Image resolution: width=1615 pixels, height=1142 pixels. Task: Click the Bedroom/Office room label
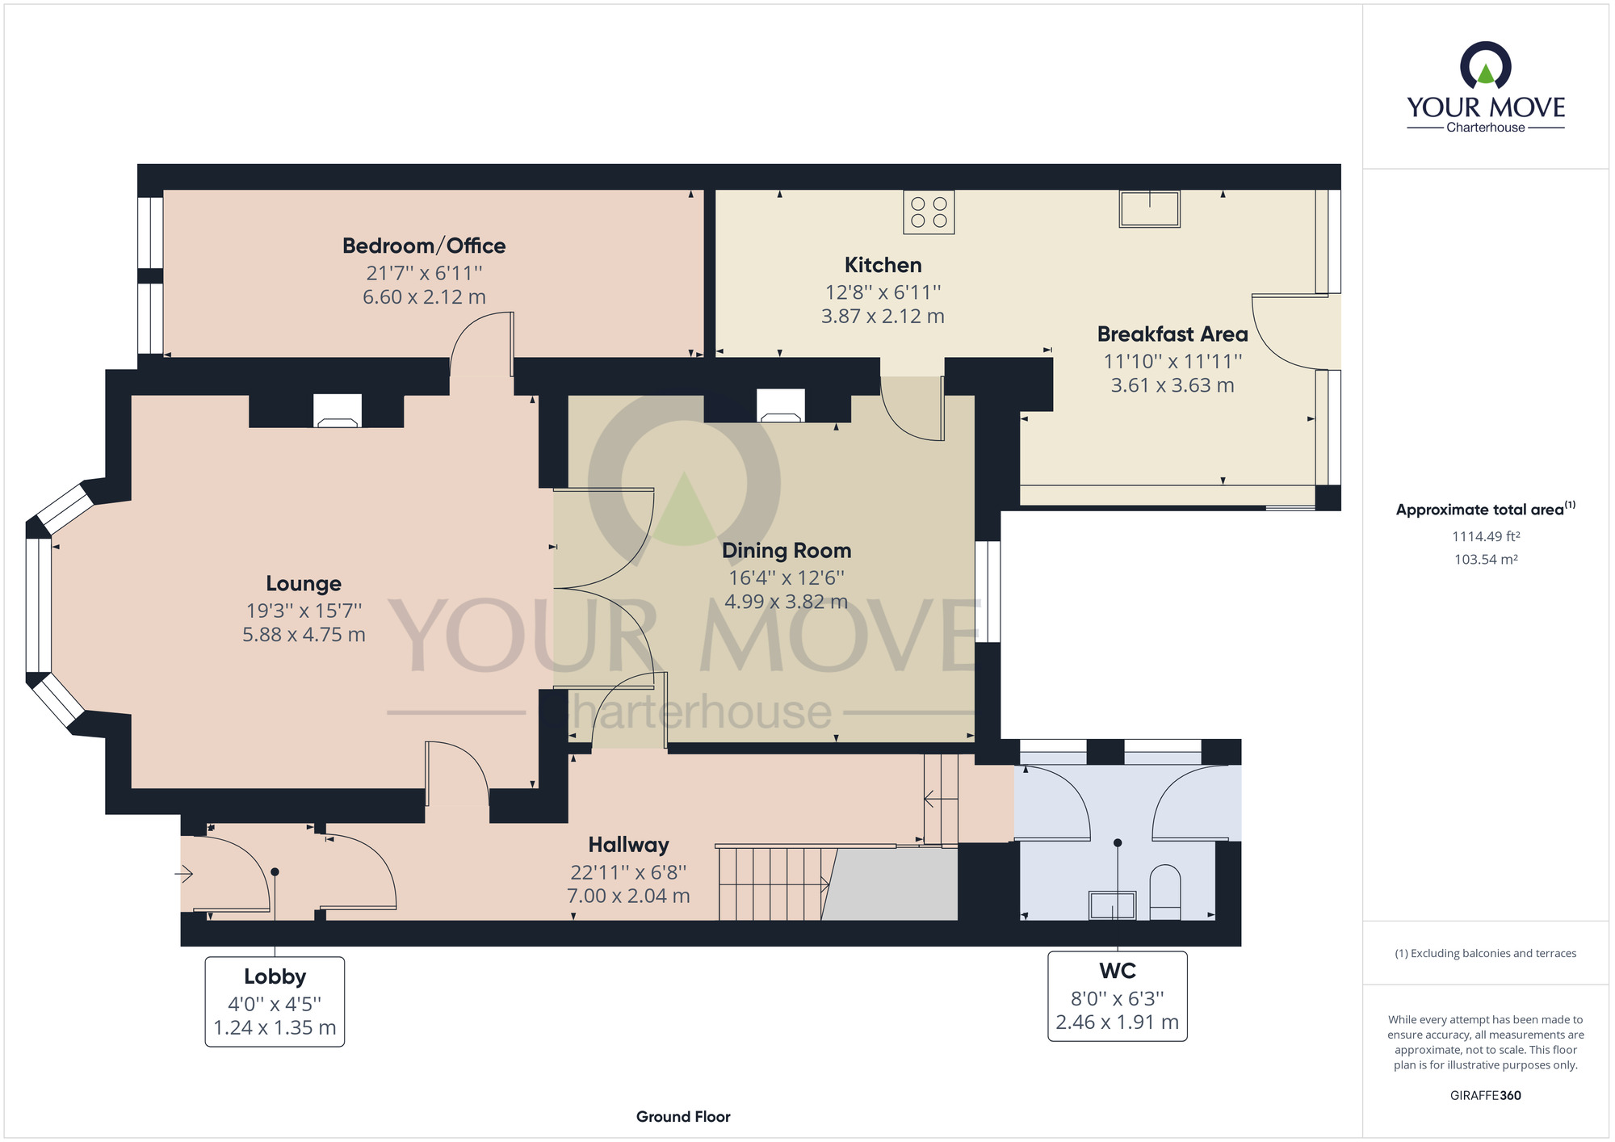(x=424, y=246)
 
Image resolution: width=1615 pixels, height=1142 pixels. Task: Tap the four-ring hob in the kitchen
(x=929, y=212)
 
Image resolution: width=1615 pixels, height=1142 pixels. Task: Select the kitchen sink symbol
(x=1149, y=208)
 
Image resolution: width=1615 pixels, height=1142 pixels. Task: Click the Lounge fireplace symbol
(x=337, y=410)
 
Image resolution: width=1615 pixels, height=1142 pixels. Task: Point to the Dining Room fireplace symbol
(x=781, y=405)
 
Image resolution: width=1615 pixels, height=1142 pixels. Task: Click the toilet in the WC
(x=1164, y=892)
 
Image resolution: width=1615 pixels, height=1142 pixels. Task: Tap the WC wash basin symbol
(x=1113, y=905)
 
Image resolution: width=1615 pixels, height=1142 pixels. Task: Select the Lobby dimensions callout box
(x=275, y=1001)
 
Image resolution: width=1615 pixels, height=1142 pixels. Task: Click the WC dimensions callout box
(x=1118, y=996)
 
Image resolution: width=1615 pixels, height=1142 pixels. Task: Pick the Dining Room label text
(x=787, y=551)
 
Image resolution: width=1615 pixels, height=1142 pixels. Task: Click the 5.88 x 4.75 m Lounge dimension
(x=304, y=635)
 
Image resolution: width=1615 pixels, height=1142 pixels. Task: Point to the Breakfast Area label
(x=1172, y=334)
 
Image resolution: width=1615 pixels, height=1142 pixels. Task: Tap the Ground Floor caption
(x=683, y=1117)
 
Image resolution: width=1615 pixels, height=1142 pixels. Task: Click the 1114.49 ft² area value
(x=1486, y=536)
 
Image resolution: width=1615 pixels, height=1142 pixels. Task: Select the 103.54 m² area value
(x=1486, y=559)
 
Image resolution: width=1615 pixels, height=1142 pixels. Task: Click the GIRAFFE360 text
(x=1486, y=1096)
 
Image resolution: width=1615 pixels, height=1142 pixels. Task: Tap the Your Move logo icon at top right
(x=1486, y=65)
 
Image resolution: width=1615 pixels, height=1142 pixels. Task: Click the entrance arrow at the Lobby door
(x=185, y=873)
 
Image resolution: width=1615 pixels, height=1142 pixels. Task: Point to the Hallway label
(x=628, y=845)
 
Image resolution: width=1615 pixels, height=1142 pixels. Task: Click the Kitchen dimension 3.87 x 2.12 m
(x=883, y=316)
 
